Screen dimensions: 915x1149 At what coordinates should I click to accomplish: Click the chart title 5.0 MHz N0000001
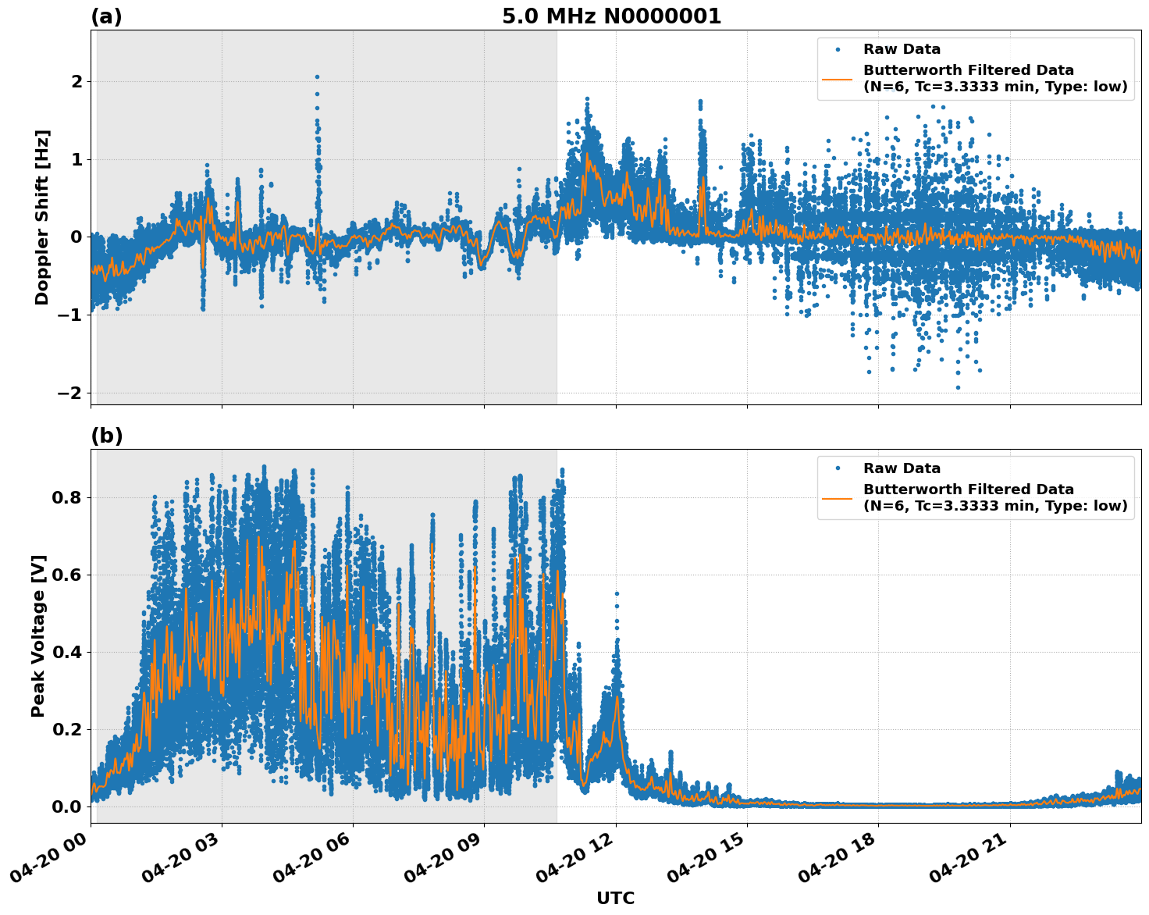pyautogui.click(x=611, y=16)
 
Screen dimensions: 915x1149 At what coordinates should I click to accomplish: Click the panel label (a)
pyautogui.click(x=106, y=16)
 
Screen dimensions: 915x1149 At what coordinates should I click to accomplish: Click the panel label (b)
pyautogui.click(x=106, y=436)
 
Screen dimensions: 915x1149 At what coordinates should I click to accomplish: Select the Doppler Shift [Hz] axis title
pyautogui.click(x=42, y=217)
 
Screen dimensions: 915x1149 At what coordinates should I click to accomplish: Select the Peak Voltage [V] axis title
pyautogui.click(x=38, y=636)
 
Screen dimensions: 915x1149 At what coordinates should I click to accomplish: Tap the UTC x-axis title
pyautogui.click(x=615, y=898)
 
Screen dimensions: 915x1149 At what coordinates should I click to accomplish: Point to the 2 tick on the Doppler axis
pyautogui.click(x=77, y=82)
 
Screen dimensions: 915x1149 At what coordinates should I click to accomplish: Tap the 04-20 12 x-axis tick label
pyautogui.click(x=572, y=863)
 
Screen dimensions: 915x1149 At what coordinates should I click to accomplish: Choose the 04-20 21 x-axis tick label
pyautogui.click(x=966, y=863)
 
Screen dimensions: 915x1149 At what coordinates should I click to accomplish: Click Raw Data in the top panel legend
pyautogui.click(x=902, y=49)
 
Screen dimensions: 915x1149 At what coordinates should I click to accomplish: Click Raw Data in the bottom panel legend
pyautogui.click(x=902, y=468)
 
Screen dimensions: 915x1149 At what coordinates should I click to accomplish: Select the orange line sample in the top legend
pyautogui.click(x=838, y=79)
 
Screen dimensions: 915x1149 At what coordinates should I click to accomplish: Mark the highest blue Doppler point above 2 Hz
pyautogui.click(x=317, y=77)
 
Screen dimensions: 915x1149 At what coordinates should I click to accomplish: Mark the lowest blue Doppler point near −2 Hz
pyautogui.click(x=958, y=387)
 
